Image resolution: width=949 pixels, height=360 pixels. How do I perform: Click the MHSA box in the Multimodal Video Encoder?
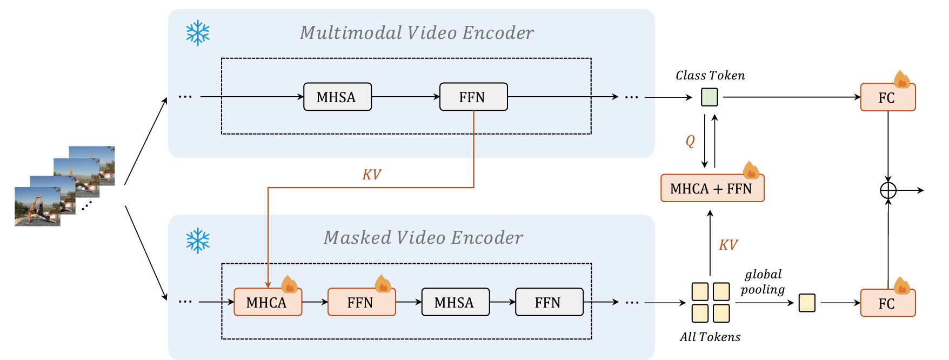tap(337, 97)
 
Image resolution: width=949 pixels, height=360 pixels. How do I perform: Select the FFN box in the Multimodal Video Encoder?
tap(473, 97)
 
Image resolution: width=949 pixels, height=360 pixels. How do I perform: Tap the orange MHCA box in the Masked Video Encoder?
tap(268, 302)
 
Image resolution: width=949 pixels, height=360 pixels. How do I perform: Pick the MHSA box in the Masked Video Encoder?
tap(455, 302)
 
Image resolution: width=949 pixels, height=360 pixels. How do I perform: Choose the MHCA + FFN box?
tap(712, 189)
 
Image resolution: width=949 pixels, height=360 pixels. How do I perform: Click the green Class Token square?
tap(709, 97)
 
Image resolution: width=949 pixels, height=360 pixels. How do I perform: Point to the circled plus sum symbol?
tap(888, 190)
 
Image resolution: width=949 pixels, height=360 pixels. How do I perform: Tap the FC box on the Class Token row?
tap(887, 97)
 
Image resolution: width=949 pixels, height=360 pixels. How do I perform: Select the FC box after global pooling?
tap(887, 303)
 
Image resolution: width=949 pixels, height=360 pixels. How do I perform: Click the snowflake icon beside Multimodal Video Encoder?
tap(198, 33)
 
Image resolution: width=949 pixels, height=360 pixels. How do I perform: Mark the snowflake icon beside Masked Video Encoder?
tap(198, 241)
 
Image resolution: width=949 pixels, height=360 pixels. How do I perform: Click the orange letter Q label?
tap(690, 141)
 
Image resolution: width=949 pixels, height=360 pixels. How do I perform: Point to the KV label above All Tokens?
tap(728, 245)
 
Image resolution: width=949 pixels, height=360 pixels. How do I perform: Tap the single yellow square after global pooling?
tap(807, 303)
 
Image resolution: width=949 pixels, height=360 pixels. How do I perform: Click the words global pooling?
tap(763, 282)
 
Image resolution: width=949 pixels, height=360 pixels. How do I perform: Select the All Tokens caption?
tap(710, 337)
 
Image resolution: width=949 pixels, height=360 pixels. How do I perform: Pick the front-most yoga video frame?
tap(37, 206)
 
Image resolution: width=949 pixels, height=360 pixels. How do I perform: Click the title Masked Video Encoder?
tap(423, 238)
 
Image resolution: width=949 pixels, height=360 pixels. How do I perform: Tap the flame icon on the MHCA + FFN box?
tap(751, 170)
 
